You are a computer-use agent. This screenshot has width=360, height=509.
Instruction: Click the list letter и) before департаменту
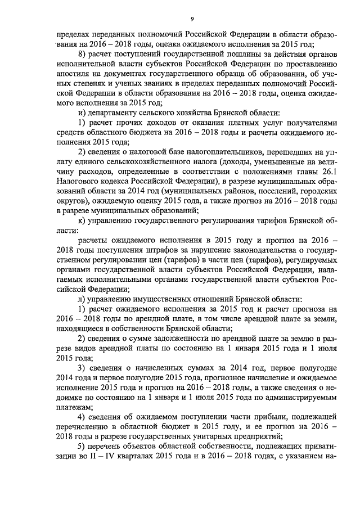[81, 112]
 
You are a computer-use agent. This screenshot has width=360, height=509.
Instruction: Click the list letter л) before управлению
[82, 299]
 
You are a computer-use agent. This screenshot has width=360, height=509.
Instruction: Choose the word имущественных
[162, 299]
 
